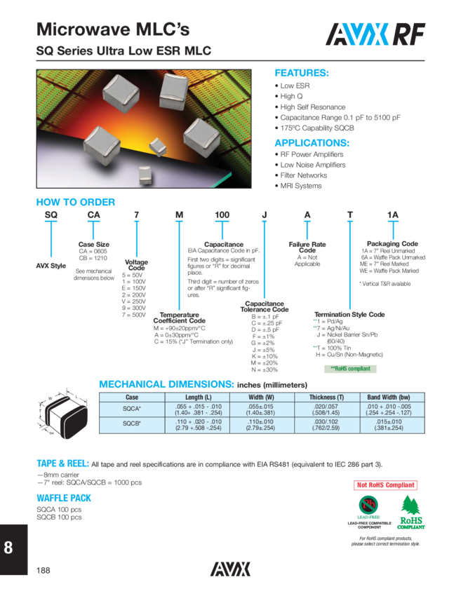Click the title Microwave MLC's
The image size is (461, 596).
(113, 29)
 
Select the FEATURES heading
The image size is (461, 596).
(301, 73)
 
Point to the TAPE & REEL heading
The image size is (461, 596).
(62, 463)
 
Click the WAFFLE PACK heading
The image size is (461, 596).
(64, 498)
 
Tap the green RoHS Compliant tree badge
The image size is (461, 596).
(410, 515)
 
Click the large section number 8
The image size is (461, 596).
(8, 549)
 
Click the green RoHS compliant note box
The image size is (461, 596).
(350, 369)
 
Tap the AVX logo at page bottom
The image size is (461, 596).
(230, 569)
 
